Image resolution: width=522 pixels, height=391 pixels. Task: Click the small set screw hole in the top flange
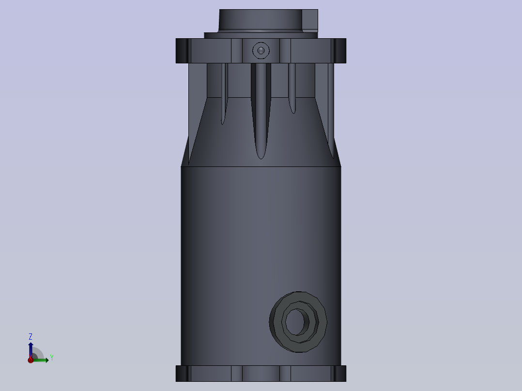pyautogui.click(x=261, y=51)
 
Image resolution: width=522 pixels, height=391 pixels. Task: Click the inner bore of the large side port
pyautogui.click(x=295, y=322)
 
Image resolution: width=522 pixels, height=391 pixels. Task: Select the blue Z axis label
pyautogui.click(x=31, y=336)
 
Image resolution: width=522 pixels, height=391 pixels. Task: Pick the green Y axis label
pyautogui.click(x=52, y=358)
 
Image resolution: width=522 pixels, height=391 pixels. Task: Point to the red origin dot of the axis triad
pyautogui.click(x=31, y=360)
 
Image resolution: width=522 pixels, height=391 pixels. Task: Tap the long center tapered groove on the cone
pyautogui.click(x=261, y=110)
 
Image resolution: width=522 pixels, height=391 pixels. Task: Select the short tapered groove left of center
pyautogui.click(x=224, y=94)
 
